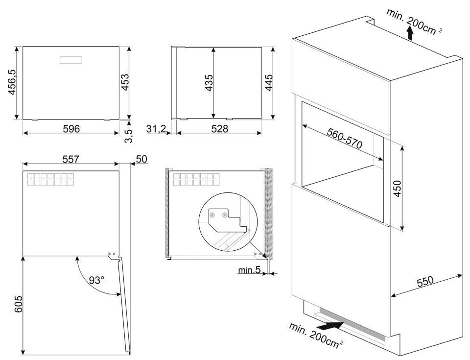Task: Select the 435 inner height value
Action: coord(209,84)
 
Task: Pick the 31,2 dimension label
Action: coord(156,129)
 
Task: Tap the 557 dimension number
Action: coord(71,160)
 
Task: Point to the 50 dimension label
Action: coord(141,159)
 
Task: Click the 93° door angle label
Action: coord(97,280)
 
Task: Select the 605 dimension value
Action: coord(19,305)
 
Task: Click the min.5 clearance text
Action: coord(249,270)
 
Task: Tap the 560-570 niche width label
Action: coord(344,141)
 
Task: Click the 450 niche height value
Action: coord(397,189)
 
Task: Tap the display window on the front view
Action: coord(71,60)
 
